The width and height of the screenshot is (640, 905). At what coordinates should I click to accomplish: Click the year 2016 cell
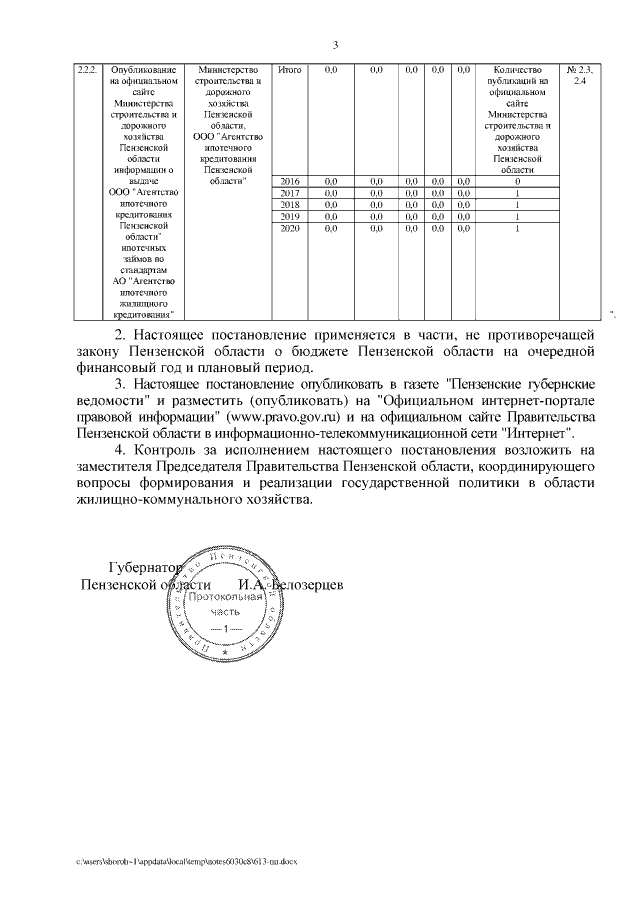(289, 181)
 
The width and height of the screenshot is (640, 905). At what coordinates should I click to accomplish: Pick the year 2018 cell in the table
(289, 205)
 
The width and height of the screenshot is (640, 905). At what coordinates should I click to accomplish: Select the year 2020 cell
(289, 229)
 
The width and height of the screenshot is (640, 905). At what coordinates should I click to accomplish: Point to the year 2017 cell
(289, 193)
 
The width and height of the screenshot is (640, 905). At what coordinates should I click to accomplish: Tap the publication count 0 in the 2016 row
(517, 181)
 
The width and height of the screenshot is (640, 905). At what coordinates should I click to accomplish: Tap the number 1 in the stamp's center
(226, 628)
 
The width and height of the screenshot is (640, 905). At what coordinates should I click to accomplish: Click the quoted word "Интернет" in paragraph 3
(541, 434)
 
